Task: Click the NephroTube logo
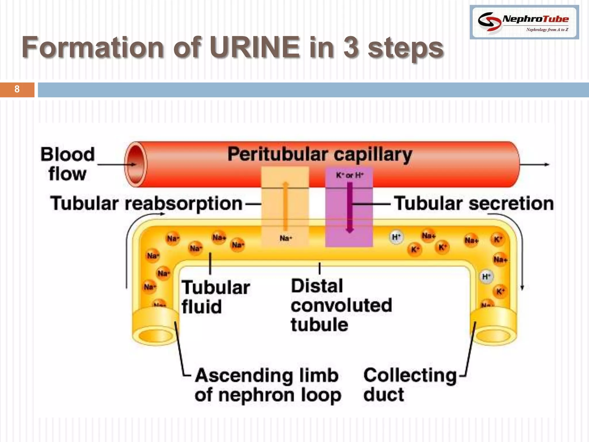click(x=524, y=22)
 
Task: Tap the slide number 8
click(x=17, y=89)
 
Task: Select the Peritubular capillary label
click(x=320, y=155)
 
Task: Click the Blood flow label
click(x=67, y=164)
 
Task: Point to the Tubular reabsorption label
click(x=146, y=203)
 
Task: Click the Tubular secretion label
click(x=473, y=203)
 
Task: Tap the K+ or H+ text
click(x=350, y=175)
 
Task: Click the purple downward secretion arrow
click(x=349, y=207)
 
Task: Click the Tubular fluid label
click(x=215, y=297)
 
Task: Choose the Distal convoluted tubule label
click(x=341, y=305)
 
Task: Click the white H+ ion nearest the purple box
click(x=396, y=237)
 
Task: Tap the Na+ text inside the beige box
click(x=286, y=238)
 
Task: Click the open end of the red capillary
click(x=135, y=164)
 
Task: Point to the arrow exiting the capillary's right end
click(x=535, y=165)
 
